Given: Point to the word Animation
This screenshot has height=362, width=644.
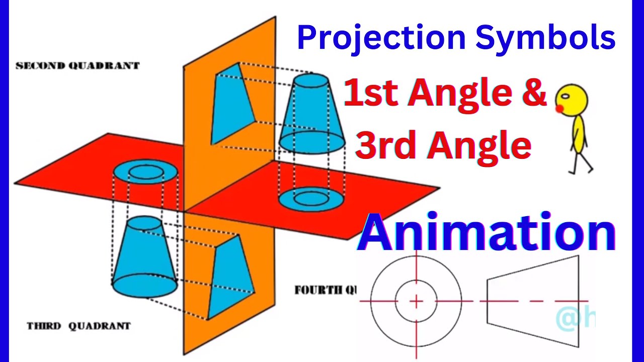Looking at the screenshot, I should (486, 233).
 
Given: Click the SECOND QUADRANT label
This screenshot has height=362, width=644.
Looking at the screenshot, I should (77, 66).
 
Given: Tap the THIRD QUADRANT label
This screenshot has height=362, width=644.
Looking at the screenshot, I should (78, 326).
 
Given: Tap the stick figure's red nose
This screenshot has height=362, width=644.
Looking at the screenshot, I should (559, 109).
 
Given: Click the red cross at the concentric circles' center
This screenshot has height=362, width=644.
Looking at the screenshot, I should (416, 301).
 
